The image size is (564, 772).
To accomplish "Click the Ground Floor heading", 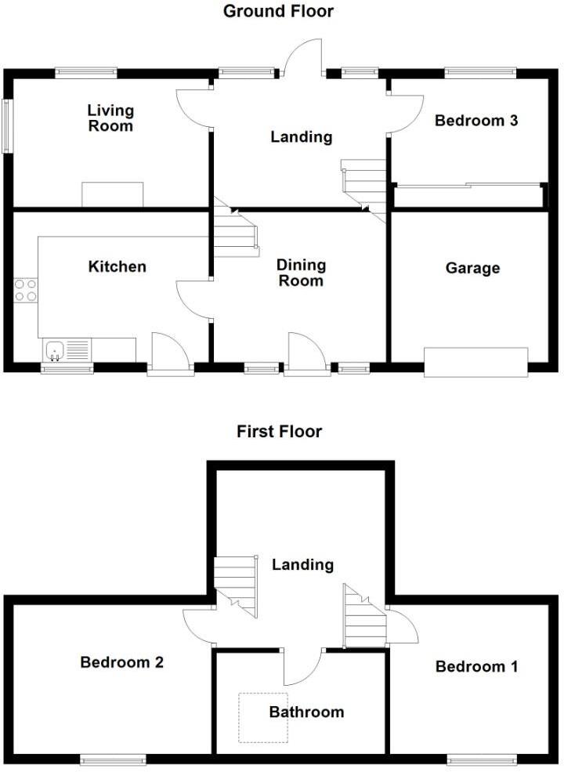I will [x=278, y=12].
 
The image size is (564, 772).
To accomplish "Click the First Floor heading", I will [x=279, y=432].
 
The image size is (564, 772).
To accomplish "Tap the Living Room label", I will [x=110, y=118].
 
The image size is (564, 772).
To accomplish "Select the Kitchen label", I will [x=117, y=267].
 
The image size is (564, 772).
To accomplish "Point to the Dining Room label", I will [x=301, y=274].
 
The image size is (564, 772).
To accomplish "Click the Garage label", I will [x=472, y=269].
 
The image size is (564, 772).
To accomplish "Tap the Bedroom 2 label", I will [x=121, y=663].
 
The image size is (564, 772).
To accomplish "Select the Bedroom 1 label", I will [x=476, y=667].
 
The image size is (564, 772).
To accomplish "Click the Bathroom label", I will [x=306, y=712].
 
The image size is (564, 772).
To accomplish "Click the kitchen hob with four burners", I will [x=25, y=290].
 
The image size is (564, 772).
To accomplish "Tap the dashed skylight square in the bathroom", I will [x=263, y=717].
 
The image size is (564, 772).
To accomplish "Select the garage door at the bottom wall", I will [x=476, y=362].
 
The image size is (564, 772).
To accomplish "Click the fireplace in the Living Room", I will [x=113, y=194].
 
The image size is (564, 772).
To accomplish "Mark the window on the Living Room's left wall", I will [x=7, y=125].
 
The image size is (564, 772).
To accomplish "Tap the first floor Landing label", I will [x=302, y=564].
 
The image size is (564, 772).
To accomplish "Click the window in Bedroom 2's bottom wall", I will [x=113, y=759].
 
